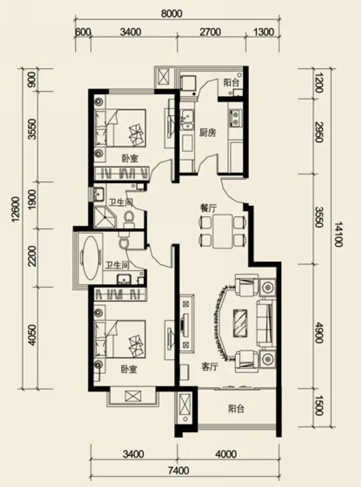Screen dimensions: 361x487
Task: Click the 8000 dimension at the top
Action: (x=172, y=13)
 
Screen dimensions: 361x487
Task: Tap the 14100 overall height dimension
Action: (x=338, y=234)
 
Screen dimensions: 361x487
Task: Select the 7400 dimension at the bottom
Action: (x=179, y=471)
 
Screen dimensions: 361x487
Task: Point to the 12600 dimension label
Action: (x=16, y=209)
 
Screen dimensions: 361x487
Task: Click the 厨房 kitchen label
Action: (x=207, y=133)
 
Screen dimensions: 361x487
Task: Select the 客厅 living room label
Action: (x=209, y=367)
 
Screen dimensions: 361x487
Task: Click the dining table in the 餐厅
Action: (x=223, y=231)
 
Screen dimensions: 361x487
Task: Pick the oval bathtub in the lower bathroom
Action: (x=91, y=258)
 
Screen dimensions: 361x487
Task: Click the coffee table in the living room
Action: (x=240, y=323)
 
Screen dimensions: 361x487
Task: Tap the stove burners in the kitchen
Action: (x=235, y=117)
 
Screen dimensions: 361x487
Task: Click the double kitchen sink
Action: (x=188, y=119)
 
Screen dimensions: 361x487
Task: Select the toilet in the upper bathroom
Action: (x=129, y=218)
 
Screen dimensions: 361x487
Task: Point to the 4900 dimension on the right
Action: (x=319, y=332)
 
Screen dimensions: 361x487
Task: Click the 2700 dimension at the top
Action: (x=210, y=32)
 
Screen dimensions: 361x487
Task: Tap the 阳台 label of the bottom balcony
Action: (x=236, y=408)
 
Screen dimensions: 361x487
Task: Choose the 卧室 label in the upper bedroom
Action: (x=130, y=159)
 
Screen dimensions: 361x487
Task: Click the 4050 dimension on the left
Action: (x=32, y=335)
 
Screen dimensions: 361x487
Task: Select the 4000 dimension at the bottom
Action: (x=226, y=454)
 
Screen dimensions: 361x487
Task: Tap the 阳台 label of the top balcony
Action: (x=231, y=83)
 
